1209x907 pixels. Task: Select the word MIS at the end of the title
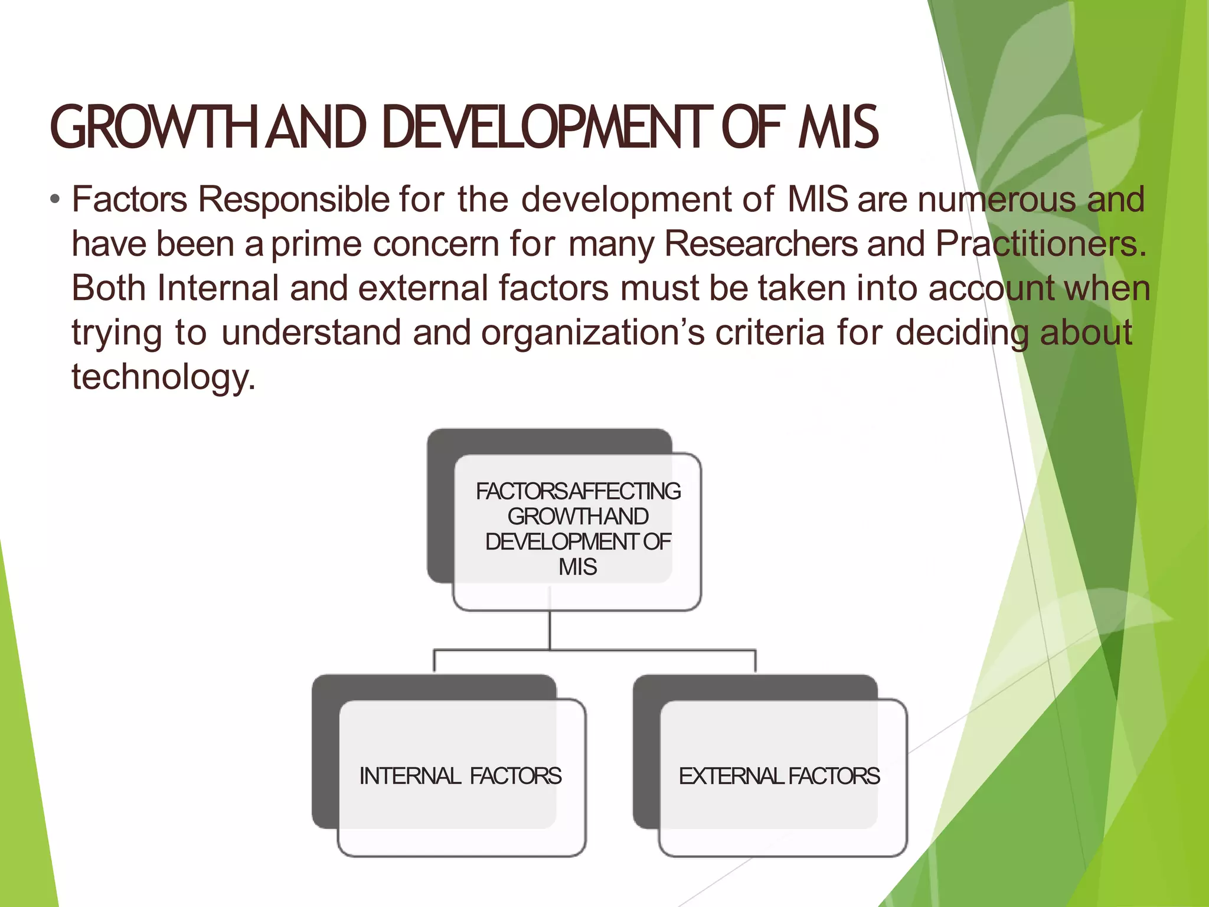tap(838, 128)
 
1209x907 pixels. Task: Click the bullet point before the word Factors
tap(55, 200)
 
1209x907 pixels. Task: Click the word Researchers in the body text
tap(761, 244)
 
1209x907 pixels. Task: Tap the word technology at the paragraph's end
tap(163, 377)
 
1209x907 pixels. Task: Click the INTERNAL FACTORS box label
tap(460, 776)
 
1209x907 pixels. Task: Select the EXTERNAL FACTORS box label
tap(779, 776)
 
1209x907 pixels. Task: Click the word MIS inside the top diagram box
tap(578, 567)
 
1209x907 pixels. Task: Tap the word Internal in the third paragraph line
tap(218, 288)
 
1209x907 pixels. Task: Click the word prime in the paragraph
tap(316, 244)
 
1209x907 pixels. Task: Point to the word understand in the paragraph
tap(312, 332)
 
